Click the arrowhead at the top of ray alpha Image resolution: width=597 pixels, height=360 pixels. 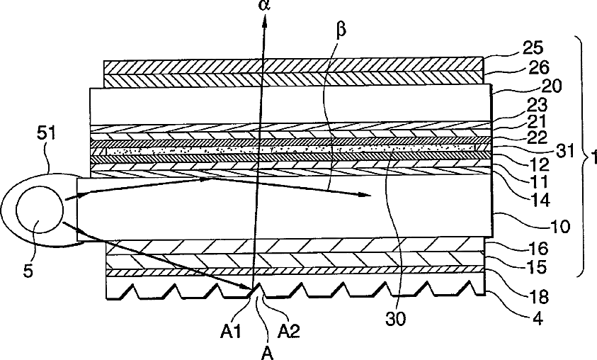pyautogui.click(x=267, y=21)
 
